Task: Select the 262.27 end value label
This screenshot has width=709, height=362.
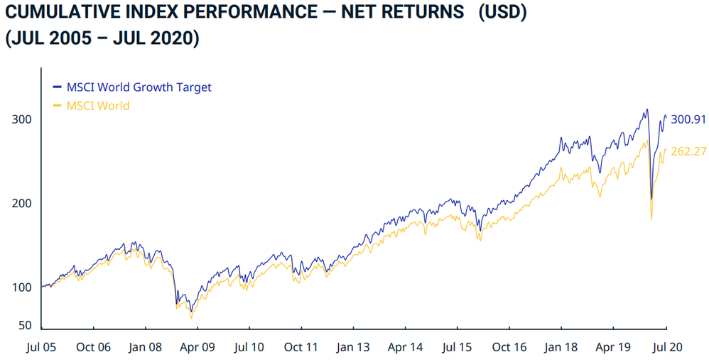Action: (x=688, y=151)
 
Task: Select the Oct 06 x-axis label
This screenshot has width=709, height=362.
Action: (x=93, y=348)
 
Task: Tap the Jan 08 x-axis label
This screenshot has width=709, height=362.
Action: (x=145, y=348)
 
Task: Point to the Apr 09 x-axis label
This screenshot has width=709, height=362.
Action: (x=197, y=348)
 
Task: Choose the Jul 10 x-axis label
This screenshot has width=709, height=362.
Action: (x=249, y=348)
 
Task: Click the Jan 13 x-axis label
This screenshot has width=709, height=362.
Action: (x=353, y=348)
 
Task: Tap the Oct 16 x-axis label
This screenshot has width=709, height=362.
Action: (x=509, y=348)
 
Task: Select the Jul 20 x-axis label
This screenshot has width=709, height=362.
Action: (x=666, y=348)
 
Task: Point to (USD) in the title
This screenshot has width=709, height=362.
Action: (x=502, y=13)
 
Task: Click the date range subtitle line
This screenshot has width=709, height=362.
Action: (x=102, y=38)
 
